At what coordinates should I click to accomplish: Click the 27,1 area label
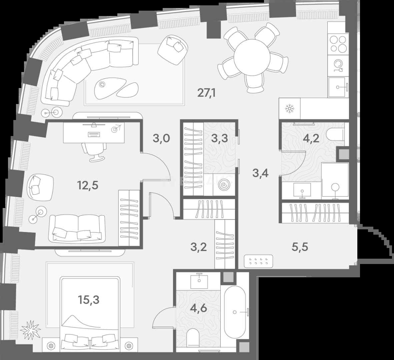(207, 93)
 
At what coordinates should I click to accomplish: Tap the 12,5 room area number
(88, 185)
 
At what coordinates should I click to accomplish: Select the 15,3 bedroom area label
(89, 300)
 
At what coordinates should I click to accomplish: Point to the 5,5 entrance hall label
(300, 247)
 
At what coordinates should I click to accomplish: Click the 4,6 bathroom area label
(199, 308)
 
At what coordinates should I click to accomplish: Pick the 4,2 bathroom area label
(311, 138)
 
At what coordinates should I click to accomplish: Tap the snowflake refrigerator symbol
(289, 109)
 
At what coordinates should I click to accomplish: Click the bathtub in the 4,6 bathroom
(235, 312)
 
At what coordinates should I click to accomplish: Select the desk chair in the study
(93, 152)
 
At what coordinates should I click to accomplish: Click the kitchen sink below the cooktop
(338, 87)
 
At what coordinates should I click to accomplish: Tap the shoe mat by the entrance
(259, 261)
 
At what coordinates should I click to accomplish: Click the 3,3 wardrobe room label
(219, 138)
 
